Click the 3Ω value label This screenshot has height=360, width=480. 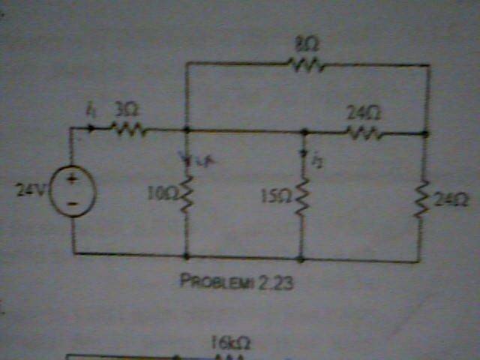(124, 110)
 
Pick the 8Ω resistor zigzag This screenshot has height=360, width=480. (307, 66)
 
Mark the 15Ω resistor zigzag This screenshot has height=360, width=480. (302, 196)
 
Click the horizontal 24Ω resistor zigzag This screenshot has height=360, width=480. (364, 134)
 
